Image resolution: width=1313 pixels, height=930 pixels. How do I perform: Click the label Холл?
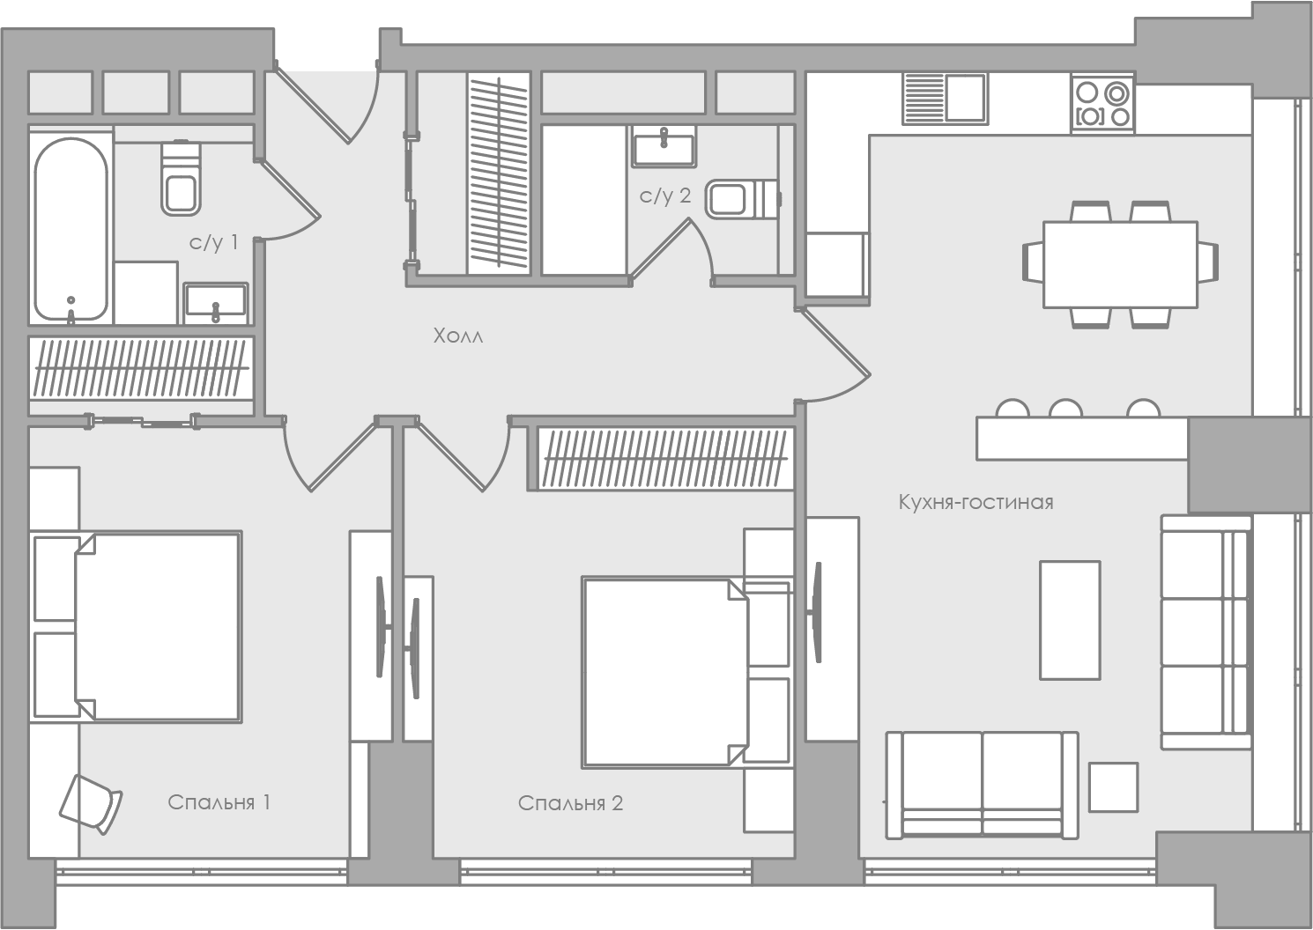tap(458, 336)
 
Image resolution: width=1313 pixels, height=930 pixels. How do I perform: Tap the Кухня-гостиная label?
tap(975, 502)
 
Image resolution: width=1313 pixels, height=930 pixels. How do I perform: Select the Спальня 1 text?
tap(219, 801)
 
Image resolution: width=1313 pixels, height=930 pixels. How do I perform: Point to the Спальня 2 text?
tap(570, 803)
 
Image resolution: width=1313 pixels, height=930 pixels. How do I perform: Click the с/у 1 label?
tap(213, 242)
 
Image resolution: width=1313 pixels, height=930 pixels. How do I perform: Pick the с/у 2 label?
tap(664, 196)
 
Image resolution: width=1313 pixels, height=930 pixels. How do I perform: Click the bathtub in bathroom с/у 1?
tap(70, 229)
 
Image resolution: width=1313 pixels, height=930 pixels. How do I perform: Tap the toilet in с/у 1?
tap(182, 177)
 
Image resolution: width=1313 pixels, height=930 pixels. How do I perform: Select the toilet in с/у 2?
tap(742, 199)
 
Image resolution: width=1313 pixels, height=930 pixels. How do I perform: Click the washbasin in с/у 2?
tap(664, 146)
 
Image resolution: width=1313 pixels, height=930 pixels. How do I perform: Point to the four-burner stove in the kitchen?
tap(1103, 104)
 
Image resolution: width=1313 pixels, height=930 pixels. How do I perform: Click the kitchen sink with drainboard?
tap(945, 99)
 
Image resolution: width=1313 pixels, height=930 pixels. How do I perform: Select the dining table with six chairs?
tap(1120, 264)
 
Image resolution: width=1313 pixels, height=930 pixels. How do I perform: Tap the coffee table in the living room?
tap(1070, 620)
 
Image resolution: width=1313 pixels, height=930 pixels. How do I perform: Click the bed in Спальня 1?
tap(136, 627)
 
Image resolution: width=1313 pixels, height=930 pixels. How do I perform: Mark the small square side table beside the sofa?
tap(1113, 787)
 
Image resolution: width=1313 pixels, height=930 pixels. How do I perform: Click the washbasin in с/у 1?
tap(215, 304)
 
